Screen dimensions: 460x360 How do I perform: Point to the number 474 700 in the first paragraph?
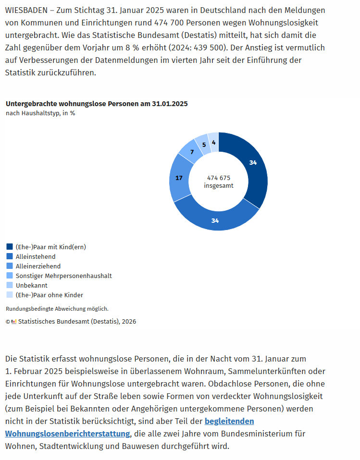click(x=169, y=23)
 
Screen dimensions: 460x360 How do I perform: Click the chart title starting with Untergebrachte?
click(x=97, y=104)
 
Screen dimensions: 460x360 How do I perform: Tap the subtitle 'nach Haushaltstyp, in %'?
click(x=40, y=113)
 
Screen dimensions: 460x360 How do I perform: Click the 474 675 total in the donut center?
click(x=219, y=178)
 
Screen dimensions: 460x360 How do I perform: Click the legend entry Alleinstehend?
click(x=36, y=256)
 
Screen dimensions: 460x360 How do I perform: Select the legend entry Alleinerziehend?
click(x=38, y=266)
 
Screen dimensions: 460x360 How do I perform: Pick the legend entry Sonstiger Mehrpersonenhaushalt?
click(x=63, y=276)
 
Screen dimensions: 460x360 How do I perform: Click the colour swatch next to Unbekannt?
click(x=10, y=285)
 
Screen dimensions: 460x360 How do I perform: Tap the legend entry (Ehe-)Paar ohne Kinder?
click(x=49, y=295)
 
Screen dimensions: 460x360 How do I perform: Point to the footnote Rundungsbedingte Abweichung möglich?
click(x=57, y=309)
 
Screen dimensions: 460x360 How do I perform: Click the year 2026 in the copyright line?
click(x=128, y=322)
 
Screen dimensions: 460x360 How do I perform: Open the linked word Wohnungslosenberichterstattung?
click(x=68, y=434)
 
